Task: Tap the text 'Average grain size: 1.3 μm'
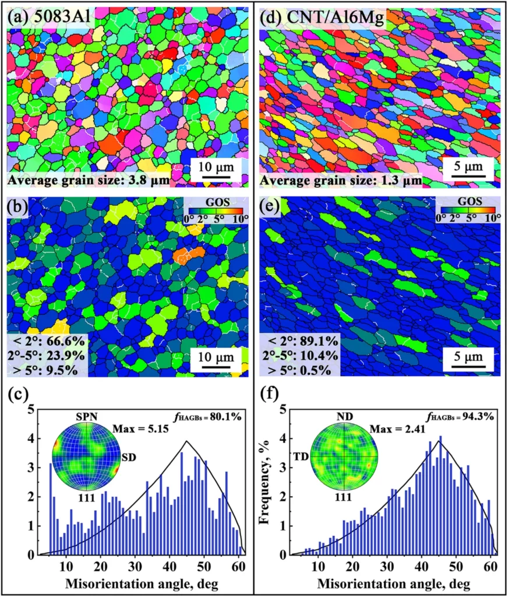tap(340, 180)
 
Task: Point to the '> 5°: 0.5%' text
tap(299, 368)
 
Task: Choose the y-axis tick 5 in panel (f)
tap(282, 410)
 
